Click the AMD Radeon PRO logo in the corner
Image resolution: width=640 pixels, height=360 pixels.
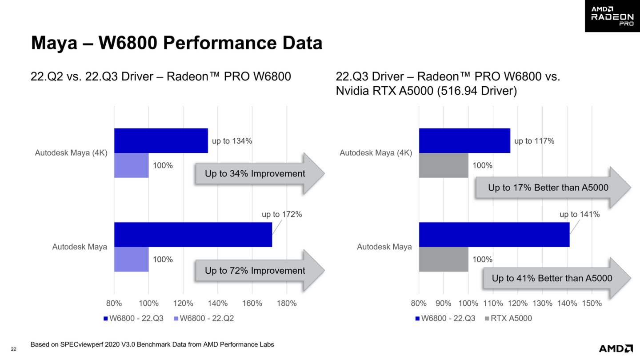(612, 16)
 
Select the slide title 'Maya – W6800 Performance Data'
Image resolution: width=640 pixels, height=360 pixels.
(176, 44)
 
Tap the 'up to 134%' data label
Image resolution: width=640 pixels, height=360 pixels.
(232, 141)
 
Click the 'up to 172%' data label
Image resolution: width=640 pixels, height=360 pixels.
(282, 214)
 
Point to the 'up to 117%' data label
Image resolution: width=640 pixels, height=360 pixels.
(534, 141)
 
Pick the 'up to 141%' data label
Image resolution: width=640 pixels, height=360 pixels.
(580, 214)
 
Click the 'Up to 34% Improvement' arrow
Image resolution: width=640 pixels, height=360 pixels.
(258, 174)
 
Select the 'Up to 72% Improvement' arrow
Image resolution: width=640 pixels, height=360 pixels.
(258, 271)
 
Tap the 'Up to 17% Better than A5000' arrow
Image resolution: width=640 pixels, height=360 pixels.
(551, 188)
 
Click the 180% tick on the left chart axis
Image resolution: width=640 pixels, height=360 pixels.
(286, 304)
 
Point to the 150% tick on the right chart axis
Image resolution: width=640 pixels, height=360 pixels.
(591, 304)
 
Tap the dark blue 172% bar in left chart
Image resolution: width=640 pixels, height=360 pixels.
(193, 235)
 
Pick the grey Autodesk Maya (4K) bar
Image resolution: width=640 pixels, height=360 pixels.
(443, 165)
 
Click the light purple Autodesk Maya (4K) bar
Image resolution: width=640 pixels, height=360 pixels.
(131, 165)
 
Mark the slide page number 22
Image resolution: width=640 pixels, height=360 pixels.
(14, 349)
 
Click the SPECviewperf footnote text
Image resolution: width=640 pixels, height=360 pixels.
(152, 344)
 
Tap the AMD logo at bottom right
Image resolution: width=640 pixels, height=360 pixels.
(616, 348)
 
